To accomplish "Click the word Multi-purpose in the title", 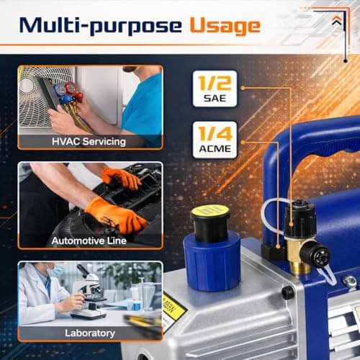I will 100,26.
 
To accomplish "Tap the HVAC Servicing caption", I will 90,141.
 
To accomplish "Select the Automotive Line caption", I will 90,237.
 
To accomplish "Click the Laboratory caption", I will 90,333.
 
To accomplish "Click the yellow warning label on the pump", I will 174,310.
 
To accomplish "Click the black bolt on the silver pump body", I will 287,293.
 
